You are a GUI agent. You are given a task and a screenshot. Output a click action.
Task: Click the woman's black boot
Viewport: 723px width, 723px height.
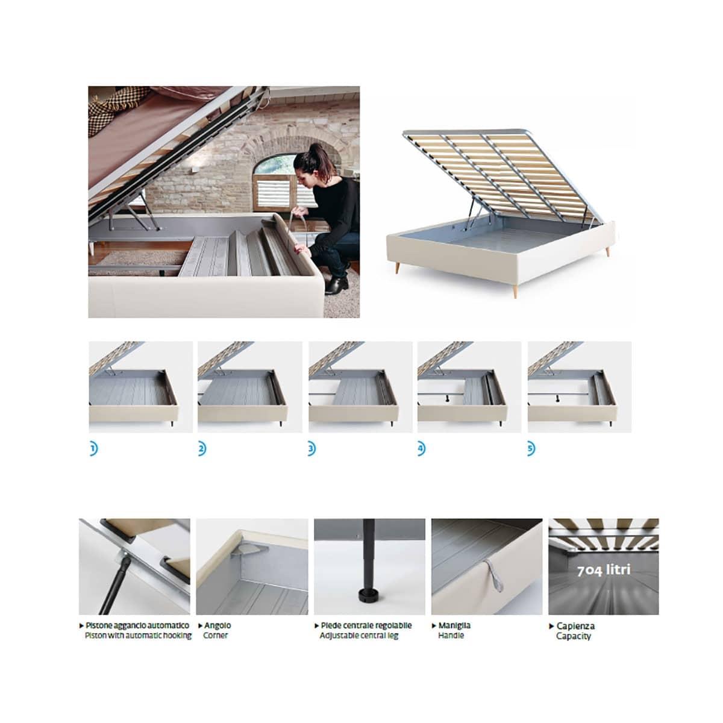coord(335,284)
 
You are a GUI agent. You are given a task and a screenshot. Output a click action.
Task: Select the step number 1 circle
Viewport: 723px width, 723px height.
coord(92,449)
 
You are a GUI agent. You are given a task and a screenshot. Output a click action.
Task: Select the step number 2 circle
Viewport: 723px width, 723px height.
coord(201,449)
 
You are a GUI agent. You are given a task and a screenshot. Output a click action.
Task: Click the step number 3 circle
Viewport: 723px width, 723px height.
coord(311,449)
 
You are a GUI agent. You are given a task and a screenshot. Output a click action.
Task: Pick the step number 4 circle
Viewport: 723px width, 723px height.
coord(421,449)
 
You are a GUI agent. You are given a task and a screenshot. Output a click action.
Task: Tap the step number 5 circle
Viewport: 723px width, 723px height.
coord(530,449)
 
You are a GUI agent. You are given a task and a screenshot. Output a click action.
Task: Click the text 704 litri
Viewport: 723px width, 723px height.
coord(604,570)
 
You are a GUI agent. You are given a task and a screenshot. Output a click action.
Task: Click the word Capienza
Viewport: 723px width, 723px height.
coord(575,626)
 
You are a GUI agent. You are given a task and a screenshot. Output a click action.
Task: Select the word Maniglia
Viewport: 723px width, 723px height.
coord(454,625)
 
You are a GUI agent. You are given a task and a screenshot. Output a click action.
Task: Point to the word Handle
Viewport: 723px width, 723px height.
coord(451,635)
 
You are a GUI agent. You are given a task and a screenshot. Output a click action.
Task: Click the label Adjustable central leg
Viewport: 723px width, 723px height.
coord(359,635)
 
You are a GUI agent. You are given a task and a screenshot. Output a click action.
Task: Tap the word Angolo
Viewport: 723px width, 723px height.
coord(217,625)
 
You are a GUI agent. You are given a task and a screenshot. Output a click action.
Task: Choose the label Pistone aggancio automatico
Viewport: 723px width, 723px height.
coord(137,625)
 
